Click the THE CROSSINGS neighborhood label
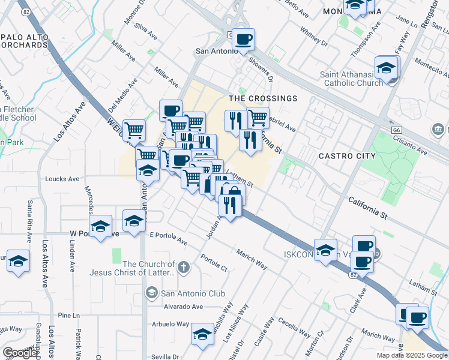(263, 98)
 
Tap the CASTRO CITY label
(347, 156)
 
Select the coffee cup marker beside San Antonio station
(243, 40)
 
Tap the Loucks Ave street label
(62, 179)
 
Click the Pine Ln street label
(69, 315)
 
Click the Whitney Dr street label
(314, 38)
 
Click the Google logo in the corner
(20, 353)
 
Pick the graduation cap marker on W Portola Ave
(101, 226)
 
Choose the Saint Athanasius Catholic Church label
(351, 79)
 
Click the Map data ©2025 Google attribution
(412, 355)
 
